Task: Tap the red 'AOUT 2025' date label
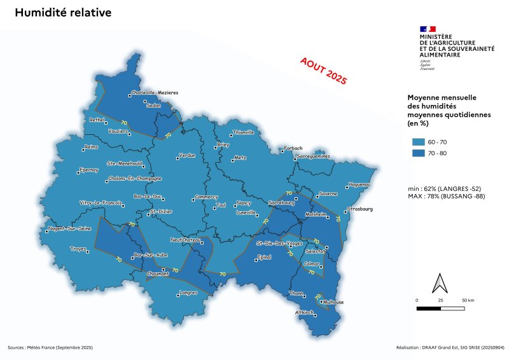click(x=323, y=70)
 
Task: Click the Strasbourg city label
click(x=360, y=209)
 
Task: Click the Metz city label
click(x=239, y=157)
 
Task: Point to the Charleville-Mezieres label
click(x=155, y=92)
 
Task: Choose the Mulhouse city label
click(x=331, y=302)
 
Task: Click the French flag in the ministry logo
click(x=428, y=29)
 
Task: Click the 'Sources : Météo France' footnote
click(x=50, y=347)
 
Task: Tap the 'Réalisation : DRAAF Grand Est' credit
click(x=449, y=347)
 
